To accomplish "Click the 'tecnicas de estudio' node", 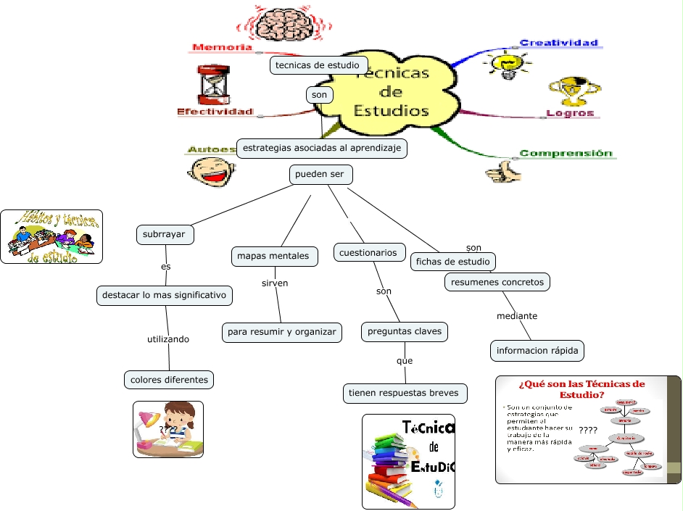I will pyautogui.click(x=318, y=65).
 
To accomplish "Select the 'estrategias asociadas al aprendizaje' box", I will pyautogui.click(x=322, y=148).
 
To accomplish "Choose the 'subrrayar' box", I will pyautogui.click(x=164, y=234).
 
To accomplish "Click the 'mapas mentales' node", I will pyautogui.click(x=273, y=256).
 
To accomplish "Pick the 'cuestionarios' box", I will pyautogui.click(x=369, y=252).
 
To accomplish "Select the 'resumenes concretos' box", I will pyautogui.click(x=497, y=282).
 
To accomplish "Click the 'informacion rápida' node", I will pyautogui.click(x=537, y=351).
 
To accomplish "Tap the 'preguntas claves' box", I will pyautogui.click(x=405, y=332).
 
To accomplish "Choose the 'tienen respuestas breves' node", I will pyautogui.click(x=404, y=394).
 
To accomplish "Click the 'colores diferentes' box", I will pyautogui.click(x=169, y=379).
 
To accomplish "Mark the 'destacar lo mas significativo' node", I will pyautogui.click(x=165, y=295).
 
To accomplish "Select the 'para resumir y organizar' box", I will pyautogui.click(x=281, y=332).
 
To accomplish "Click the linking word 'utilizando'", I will pyautogui.click(x=168, y=338).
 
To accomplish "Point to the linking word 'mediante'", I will pyautogui.click(x=517, y=316).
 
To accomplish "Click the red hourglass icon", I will pyautogui.click(x=212, y=85).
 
